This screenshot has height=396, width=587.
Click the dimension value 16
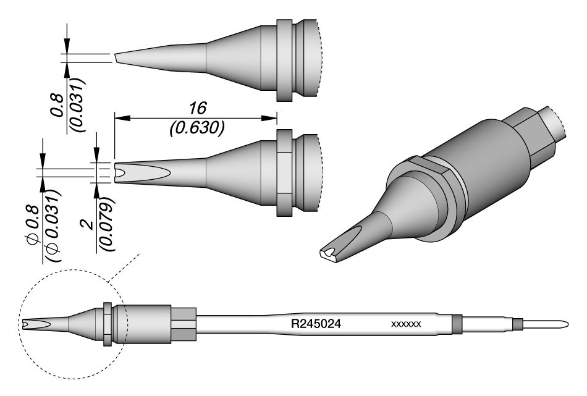click(x=196, y=109)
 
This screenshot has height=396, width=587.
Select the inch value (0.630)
click(x=196, y=128)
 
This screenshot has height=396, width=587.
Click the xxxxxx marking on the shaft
click(x=406, y=324)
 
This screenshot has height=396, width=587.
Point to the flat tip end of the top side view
click(x=115, y=57)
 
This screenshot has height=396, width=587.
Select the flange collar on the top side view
click(x=283, y=61)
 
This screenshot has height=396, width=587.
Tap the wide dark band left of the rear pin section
click(x=457, y=323)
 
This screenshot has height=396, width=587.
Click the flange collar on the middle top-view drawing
click(x=283, y=173)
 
